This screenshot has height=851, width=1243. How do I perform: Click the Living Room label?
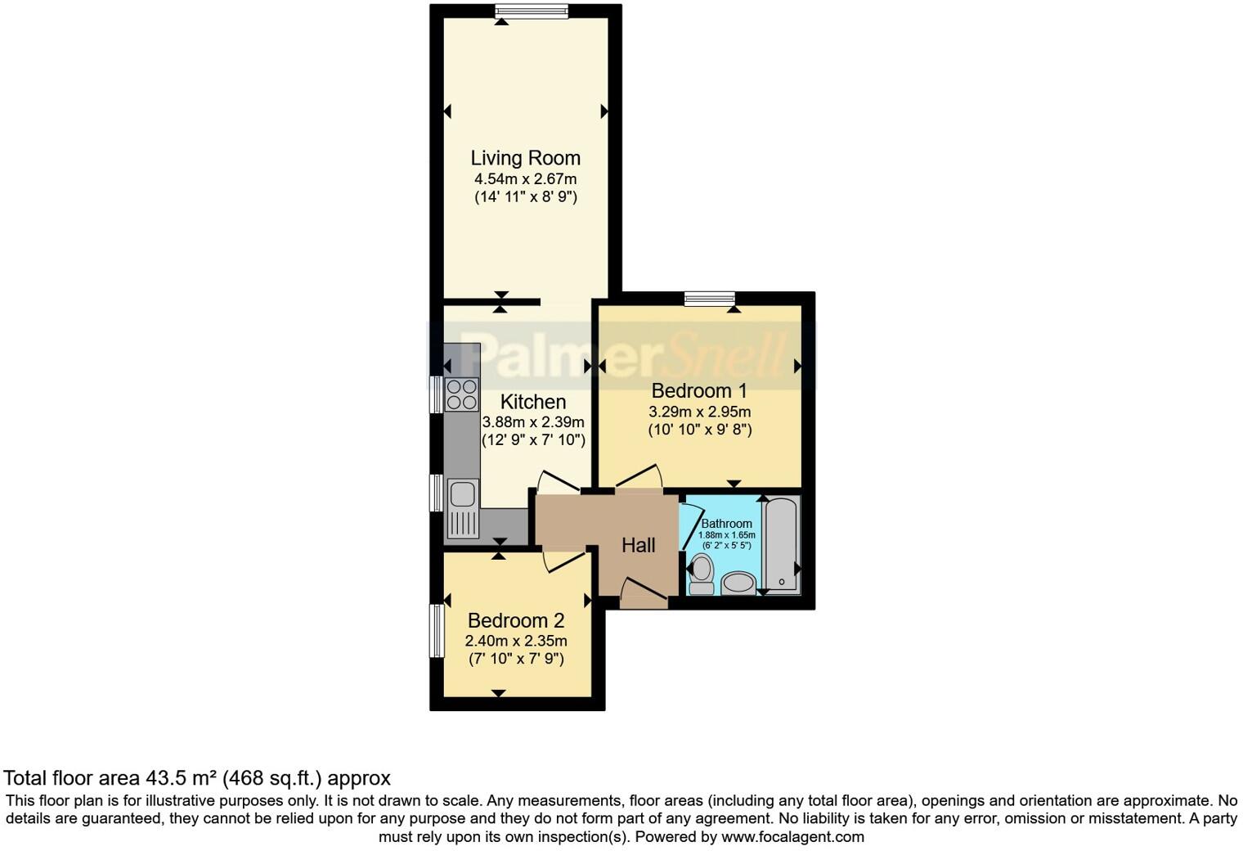tap(525, 158)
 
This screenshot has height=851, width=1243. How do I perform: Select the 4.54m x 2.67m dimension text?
tap(525, 179)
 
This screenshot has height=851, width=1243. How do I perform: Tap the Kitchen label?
tap(533, 402)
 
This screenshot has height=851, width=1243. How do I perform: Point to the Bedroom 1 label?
tap(699, 390)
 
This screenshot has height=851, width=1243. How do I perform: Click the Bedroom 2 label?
tap(516, 621)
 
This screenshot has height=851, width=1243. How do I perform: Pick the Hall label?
tap(638, 545)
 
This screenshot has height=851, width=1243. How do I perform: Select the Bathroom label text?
tap(726, 524)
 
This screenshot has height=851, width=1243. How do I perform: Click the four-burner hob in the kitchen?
tap(461, 394)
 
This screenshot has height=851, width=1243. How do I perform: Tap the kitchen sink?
tap(462, 494)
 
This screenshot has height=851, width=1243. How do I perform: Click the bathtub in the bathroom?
tap(781, 545)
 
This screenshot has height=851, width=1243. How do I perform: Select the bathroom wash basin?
tap(739, 583)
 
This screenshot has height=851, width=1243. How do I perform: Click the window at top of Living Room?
tap(532, 11)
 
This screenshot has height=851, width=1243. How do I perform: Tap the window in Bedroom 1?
tap(709, 299)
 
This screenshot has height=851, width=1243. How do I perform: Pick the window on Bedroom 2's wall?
tap(437, 630)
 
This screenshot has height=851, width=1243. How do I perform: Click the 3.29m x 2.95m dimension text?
tap(699, 412)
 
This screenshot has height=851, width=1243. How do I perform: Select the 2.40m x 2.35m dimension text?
tap(516, 641)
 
